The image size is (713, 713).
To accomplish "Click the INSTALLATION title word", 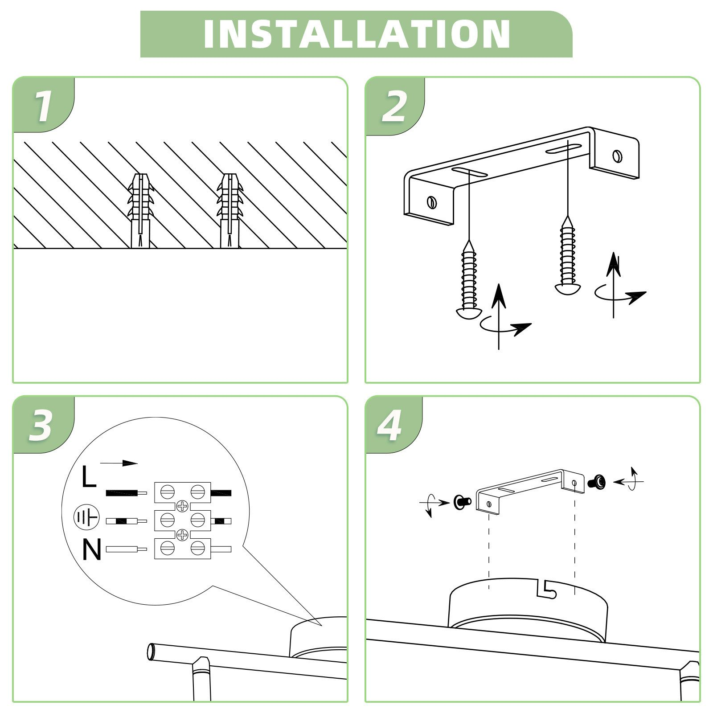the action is click(356, 34).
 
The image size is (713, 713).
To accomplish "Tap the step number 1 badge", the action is click(43, 106).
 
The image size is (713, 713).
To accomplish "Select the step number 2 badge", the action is click(394, 106).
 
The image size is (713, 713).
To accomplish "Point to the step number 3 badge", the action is click(41, 426).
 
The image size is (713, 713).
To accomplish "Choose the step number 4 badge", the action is click(389, 426).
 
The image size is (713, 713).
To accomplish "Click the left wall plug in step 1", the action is click(141, 210).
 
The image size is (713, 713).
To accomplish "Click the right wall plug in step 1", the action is click(230, 210).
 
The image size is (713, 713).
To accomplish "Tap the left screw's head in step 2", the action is click(467, 313).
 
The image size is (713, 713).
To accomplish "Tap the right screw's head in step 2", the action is click(568, 289).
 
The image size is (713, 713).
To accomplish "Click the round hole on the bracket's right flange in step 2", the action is click(617, 156).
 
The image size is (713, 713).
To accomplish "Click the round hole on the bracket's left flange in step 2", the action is click(431, 202).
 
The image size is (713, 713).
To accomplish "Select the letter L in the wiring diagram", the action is click(89, 476).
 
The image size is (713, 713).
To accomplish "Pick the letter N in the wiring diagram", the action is click(92, 549).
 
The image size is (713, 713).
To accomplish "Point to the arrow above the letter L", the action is click(119, 463).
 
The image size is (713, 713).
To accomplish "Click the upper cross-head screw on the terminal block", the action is click(182, 506).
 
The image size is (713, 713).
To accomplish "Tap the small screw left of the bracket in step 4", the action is click(462, 502).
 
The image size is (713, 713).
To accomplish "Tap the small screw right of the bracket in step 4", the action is click(597, 482).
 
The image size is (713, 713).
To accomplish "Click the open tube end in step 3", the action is click(151, 652).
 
